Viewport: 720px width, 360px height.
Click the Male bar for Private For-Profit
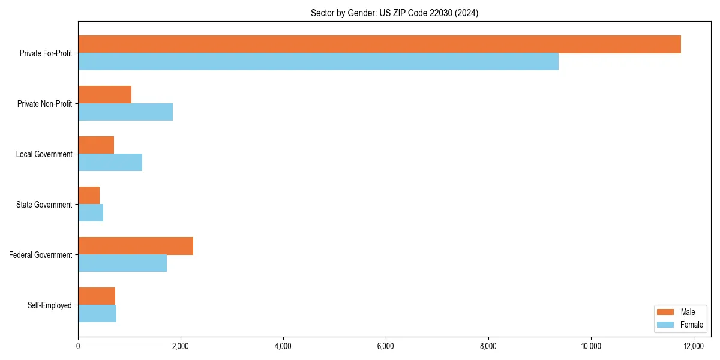tap(379, 44)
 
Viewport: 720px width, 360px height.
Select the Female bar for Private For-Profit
tap(318, 62)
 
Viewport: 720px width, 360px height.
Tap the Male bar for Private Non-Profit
tap(104, 95)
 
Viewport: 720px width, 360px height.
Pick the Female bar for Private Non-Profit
tap(125, 112)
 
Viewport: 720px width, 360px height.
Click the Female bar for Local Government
tap(110, 163)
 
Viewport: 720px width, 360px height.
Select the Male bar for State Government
tap(89, 196)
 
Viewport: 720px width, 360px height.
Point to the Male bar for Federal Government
tap(136, 246)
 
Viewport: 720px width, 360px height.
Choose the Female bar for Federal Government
tap(122, 263)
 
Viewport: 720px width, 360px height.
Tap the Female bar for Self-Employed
tap(97, 314)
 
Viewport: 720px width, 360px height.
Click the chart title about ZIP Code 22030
tap(394, 13)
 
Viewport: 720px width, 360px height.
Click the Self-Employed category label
tap(49, 305)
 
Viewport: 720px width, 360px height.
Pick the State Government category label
tap(44, 205)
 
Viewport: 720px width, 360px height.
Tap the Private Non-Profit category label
tap(44, 104)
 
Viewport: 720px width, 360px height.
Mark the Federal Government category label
tap(41, 255)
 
